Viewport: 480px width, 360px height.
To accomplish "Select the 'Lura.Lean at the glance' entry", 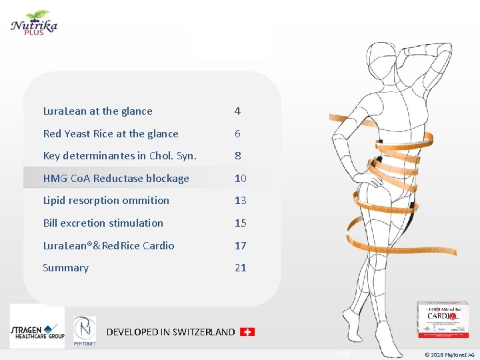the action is pyautogui.click(x=97, y=111).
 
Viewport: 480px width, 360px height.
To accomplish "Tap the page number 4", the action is pyautogui.click(x=237, y=111).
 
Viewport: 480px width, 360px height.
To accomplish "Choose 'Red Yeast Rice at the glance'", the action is pyautogui.click(x=111, y=134).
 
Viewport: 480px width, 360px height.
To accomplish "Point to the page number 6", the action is pyautogui.click(x=237, y=134).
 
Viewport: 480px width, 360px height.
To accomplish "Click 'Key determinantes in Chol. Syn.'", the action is pyautogui.click(x=120, y=156).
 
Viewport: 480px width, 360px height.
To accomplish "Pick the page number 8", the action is pyautogui.click(x=237, y=156).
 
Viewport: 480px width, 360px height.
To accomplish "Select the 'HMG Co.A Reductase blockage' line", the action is pyautogui.click(x=116, y=179).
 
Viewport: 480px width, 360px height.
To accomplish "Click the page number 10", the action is pyautogui.click(x=240, y=179).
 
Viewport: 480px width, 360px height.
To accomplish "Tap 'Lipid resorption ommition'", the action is pyautogui.click(x=106, y=201).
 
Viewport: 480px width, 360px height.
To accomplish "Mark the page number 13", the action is pyautogui.click(x=240, y=201).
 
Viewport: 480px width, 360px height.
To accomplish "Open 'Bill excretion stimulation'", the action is pyautogui.click(x=103, y=223).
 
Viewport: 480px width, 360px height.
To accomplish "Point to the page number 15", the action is pyautogui.click(x=240, y=223).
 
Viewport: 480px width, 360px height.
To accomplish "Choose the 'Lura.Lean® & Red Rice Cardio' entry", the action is pyautogui.click(x=109, y=246).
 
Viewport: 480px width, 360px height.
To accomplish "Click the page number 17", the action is pyautogui.click(x=240, y=246).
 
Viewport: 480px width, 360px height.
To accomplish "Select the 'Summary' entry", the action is pyautogui.click(x=65, y=268).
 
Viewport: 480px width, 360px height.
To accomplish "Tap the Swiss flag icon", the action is pyautogui.click(x=247, y=331).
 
